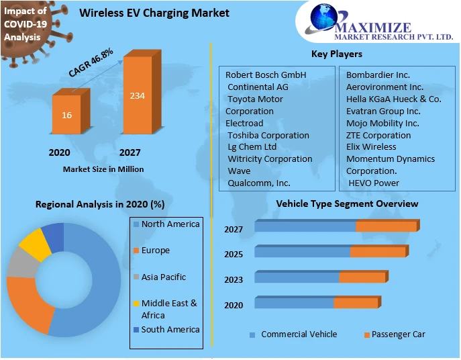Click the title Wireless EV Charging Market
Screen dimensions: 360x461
click(x=154, y=13)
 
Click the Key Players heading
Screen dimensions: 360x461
click(x=336, y=54)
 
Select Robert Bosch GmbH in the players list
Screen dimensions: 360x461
click(x=266, y=75)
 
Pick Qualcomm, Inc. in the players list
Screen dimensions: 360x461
click(x=259, y=183)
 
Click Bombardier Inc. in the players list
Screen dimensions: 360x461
click(x=378, y=75)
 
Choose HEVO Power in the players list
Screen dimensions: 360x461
click(x=374, y=183)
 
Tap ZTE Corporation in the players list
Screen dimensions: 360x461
click(x=378, y=135)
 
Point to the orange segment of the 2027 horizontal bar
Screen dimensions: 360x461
click(x=386, y=226)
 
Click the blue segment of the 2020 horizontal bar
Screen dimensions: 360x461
click(x=294, y=304)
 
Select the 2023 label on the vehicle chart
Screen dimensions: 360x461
click(x=234, y=279)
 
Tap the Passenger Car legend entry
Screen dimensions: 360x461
click(x=398, y=334)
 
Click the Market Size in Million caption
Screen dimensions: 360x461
click(x=103, y=169)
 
